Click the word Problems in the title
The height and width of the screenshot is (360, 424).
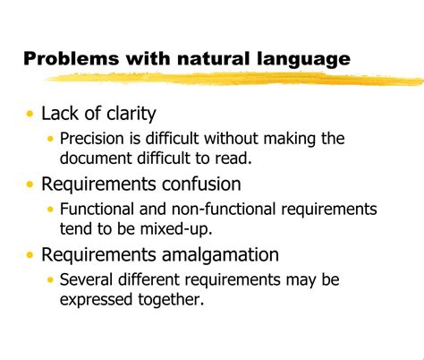(71, 60)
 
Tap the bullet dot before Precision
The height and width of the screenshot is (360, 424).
(50, 140)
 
